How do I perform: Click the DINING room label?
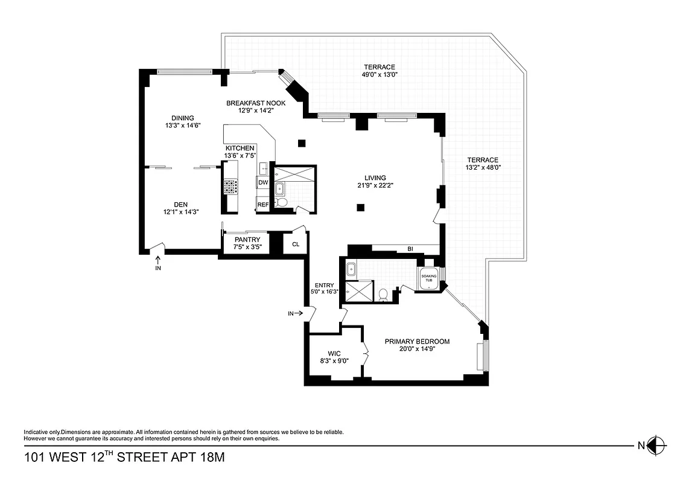click(x=182, y=118)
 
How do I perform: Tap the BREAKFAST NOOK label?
click(x=256, y=103)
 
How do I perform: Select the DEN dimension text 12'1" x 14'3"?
click(x=181, y=212)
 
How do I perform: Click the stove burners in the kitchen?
click(x=230, y=187)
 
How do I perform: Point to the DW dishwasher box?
click(x=262, y=182)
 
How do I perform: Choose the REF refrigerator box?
click(x=262, y=205)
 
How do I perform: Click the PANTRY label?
click(x=247, y=240)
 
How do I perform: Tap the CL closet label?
click(x=296, y=245)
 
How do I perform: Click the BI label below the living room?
click(x=410, y=248)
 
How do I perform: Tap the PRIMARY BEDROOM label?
click(x=417, y=341)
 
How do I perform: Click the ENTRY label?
click(x=324, y=285)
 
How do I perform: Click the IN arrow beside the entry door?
click(x=295, y=313)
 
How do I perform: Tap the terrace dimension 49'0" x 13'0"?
click(x=379, y=75)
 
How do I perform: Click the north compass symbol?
click(x=658, y=446)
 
